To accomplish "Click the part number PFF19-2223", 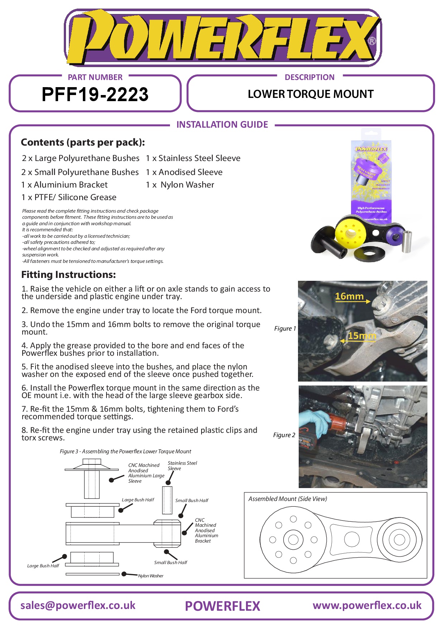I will point(95,95).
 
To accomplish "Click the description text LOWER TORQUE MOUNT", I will point(311,94).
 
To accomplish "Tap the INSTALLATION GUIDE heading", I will point(222,124).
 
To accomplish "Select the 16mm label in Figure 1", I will point(349,296).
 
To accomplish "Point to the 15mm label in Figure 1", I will point(362,336).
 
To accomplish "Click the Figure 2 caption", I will point(284,435).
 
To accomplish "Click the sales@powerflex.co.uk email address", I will point(78,605).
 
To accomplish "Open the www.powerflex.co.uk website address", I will point(367,605).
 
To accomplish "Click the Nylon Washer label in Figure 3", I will point(151,576).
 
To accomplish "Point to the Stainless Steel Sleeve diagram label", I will point(182,465).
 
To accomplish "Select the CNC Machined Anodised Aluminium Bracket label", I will point(206,530).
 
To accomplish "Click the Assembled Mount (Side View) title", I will point(288,499).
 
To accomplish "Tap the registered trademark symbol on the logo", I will point(372,41).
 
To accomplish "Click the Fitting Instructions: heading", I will point(68,275).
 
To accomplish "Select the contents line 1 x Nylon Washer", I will point(180,185).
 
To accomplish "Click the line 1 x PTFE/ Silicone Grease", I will point(69,197).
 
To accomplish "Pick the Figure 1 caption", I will point(285,328).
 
